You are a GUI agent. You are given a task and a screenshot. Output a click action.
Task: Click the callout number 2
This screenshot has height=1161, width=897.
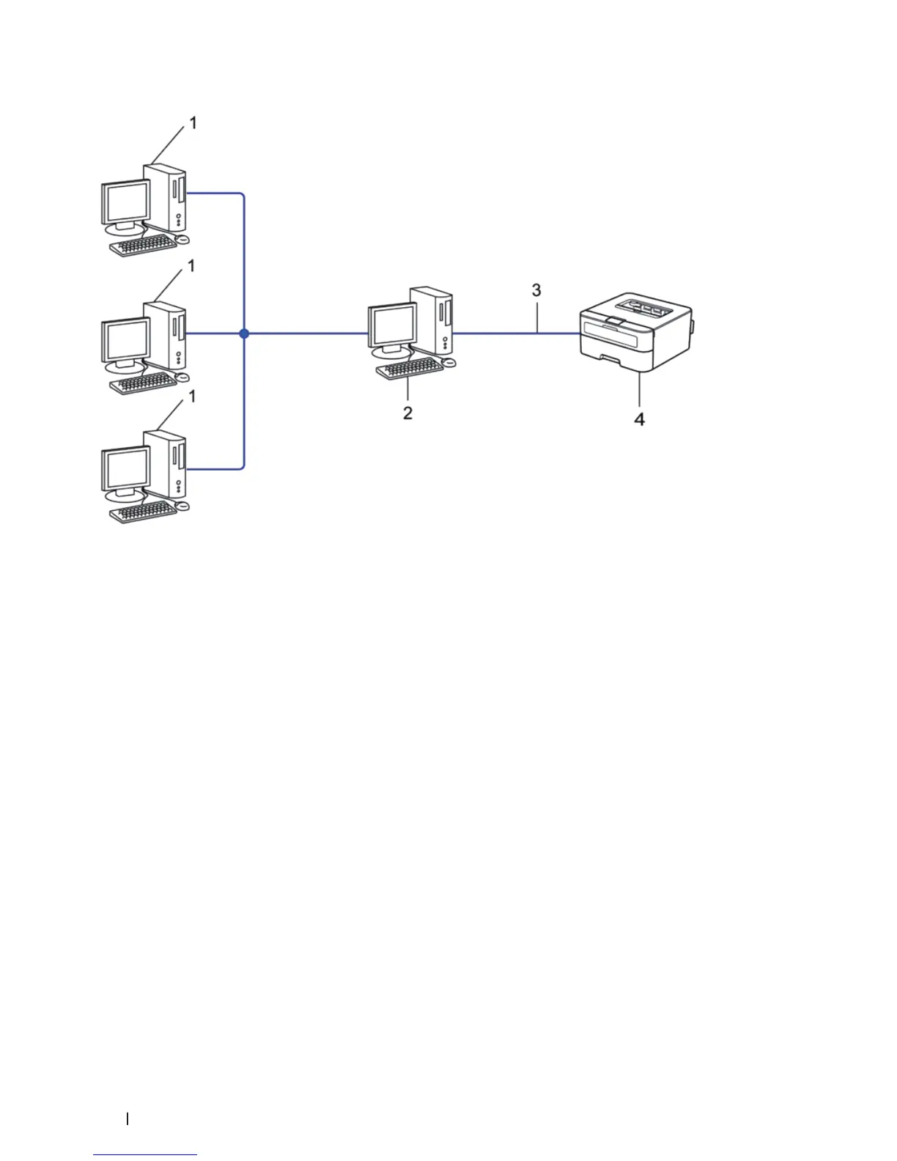pyautogui.click(x=407, y=413)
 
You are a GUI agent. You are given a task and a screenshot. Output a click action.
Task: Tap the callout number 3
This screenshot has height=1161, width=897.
pyautogui.click(x=536, y=290)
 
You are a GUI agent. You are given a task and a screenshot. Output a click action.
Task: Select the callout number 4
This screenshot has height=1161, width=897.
pyautogui.click(x=640, y=419)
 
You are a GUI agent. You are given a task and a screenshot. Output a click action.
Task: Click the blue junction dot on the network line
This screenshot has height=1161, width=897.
pyautogui.click(x=244, y=333)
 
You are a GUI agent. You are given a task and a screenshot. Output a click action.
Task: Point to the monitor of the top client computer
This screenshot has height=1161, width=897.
pyautogui.click(x=125, y=203)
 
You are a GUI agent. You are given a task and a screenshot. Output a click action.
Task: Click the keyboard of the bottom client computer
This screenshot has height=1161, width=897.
pyautogui.click(x=143, y=512)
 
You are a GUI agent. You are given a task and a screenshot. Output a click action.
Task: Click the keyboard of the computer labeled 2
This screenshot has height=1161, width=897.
pyautogui.click(x=409, y=368)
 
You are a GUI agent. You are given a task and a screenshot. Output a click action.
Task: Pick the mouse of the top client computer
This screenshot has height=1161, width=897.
pyautogui.click(x=182, y=239)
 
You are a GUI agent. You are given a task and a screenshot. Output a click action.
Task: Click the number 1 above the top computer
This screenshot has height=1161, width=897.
pyautogui.click(x=193, y=123)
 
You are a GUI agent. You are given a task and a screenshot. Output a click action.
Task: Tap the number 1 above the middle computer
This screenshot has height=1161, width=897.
pyautogui.click(x=191, y=266)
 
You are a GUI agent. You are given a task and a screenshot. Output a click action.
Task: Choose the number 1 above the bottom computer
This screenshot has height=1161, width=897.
pyautogui.click(x=192, y=396)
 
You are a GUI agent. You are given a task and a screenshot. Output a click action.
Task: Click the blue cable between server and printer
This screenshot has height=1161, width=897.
pyautogui.click(x=513, y=333)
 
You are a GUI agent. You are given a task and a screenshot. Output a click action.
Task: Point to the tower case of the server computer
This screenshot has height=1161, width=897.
pyautogui.click(x=432, y=319)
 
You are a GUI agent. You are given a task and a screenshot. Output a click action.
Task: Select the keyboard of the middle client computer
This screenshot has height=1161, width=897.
pyautogui.click(x=143, y=382)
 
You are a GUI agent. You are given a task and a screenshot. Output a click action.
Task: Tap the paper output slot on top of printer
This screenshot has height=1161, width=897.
pyautogui.click(x=645, y=306)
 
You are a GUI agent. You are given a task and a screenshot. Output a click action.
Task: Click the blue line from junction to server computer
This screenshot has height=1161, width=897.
pyautogui.click(x=308, y=333)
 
